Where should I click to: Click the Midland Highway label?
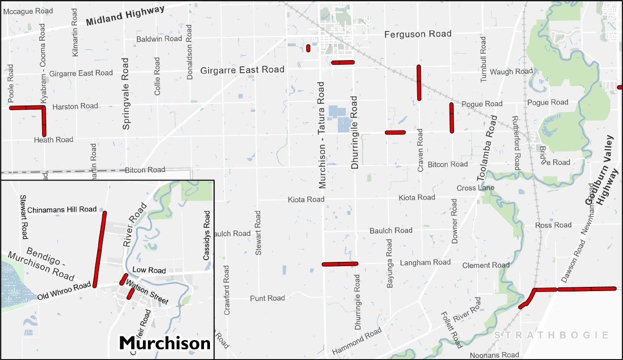pos(125,16)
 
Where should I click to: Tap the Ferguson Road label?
pos(418,34)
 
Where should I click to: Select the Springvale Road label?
pos(126,93)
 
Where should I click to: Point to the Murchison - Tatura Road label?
pos(322,135)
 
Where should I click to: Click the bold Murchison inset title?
pos(165,343)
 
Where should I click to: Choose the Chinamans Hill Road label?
pos(62,210)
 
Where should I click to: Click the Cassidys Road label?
pos(207,235)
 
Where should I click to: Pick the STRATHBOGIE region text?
pos(551,335)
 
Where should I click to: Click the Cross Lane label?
pos(475,188)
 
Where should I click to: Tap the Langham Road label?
pos(425,262)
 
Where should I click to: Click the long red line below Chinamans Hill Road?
pos(99,249)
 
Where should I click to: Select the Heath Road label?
pos(54,140)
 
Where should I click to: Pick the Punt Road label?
pos(267,298)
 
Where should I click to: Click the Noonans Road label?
pos(494,355)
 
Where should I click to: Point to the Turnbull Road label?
pos(483,60)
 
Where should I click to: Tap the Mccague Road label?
pos(28,11)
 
